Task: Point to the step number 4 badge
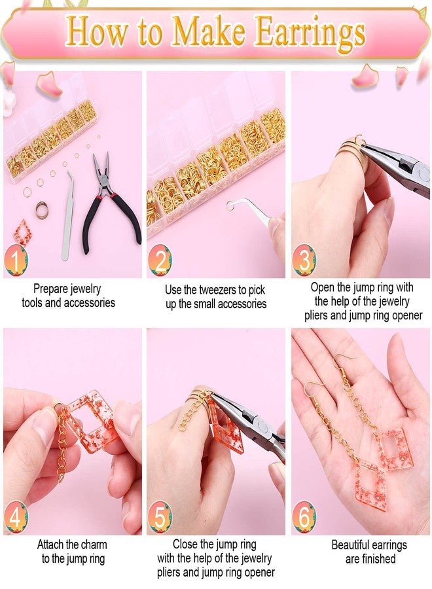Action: pos(16,518)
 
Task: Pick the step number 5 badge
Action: pos(160,518)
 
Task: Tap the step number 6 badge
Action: pos(304,518)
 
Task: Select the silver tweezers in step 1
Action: pos(68,216)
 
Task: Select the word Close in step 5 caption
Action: pos(187,544)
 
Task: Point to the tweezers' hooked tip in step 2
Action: pos(233,206)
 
